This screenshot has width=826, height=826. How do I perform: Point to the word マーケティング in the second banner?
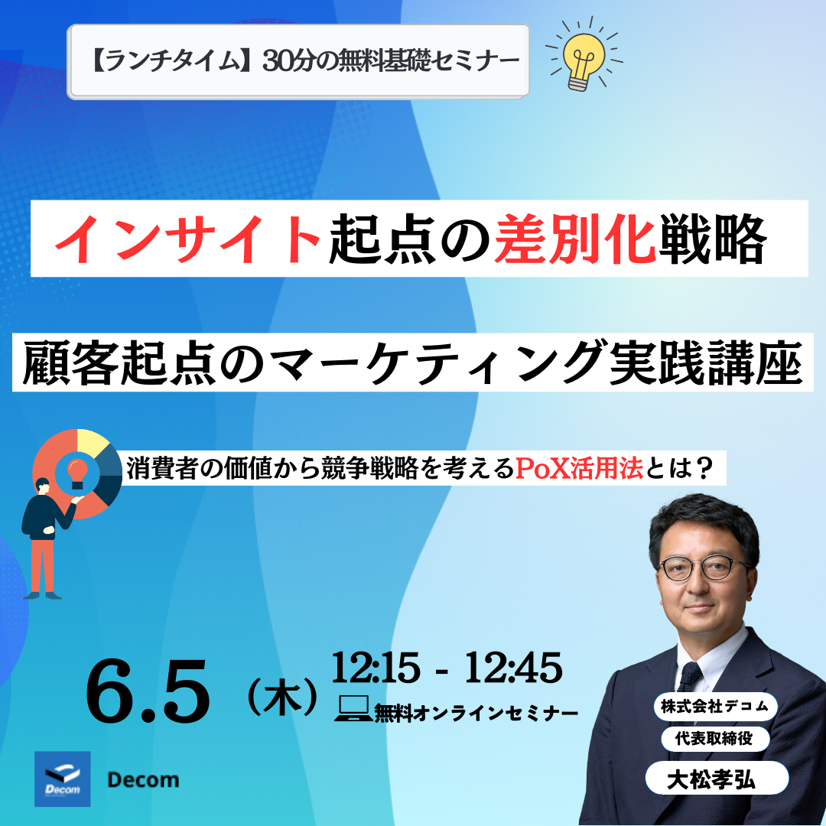[x=438, y=363]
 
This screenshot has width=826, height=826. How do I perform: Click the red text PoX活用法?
[x=579, y=468]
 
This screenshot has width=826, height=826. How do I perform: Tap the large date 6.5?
[x=148, y=692]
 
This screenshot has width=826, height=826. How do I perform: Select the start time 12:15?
[x=376, y=668]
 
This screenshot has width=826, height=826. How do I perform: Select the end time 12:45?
[x=513, y=668]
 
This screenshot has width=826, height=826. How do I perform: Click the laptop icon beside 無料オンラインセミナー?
[x=353, y=708]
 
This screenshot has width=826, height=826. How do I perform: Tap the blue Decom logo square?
[x=62, y=779]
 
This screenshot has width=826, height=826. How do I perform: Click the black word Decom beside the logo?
[x=143, y=779]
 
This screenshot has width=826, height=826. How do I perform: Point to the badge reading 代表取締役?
[x=715, y=739]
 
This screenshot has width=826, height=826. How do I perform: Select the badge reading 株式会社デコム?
[x=715, y=707]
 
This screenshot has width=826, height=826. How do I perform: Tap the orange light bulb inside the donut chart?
[x=78, y=472]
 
